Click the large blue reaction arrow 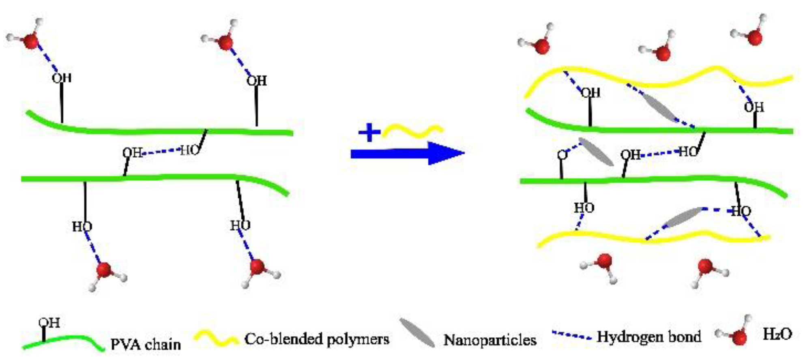pos(406,153)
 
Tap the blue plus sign pos(369,133)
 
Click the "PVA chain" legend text pos(146,344)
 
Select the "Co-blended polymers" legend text pos(316,339)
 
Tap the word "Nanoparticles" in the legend pos(490,340)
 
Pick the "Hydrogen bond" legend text pos(648,337)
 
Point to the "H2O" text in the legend pos(777,334)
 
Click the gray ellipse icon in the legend pos(417,333)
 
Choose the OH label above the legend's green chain pos(49,323)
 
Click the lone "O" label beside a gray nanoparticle pos(562,155)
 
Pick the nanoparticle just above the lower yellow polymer pos(684,217)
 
